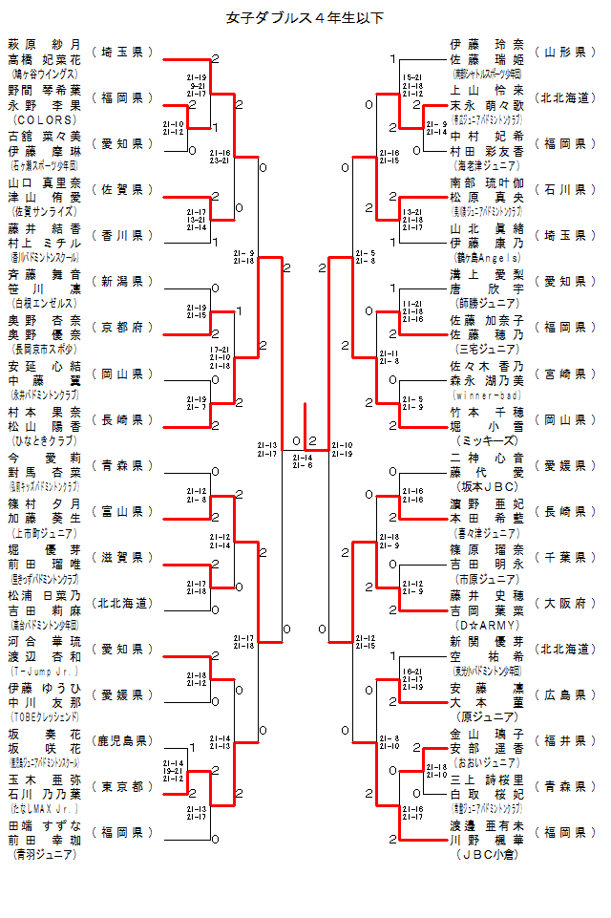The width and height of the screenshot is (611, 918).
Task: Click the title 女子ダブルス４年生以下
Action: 305,17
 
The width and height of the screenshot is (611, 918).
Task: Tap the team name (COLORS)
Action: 44,120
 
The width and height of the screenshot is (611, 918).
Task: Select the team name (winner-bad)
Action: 486,395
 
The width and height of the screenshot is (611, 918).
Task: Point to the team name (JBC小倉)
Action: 486,855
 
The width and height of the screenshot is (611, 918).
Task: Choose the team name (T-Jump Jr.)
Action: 44,672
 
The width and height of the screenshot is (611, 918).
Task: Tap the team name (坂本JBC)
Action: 486,487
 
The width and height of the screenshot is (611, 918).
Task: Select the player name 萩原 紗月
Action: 44,44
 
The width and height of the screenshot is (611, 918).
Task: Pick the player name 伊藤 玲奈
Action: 486,44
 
